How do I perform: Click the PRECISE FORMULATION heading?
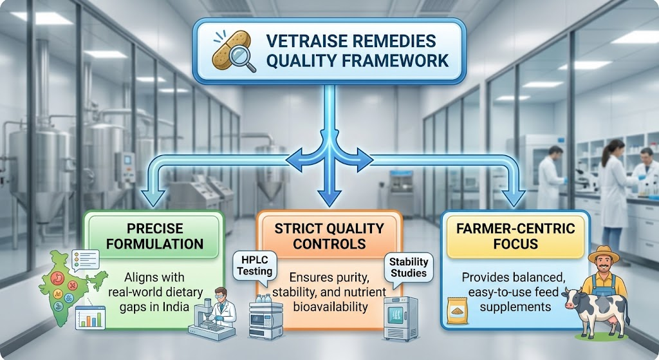tap(154, 236)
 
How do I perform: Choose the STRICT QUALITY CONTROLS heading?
tap(329, 236)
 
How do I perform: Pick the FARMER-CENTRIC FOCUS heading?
tap(515, 236)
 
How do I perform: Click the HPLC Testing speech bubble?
tap(255, 266)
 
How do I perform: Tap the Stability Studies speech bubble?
tap(409, 268)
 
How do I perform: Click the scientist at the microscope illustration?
tap(220, 307)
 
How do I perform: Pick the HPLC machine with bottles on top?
tap(266, 317)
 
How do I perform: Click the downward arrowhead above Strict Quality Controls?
tap(329, 198)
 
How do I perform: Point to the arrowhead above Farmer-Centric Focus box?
tap(513, 198)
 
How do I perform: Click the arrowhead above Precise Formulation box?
tap(153, 198)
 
